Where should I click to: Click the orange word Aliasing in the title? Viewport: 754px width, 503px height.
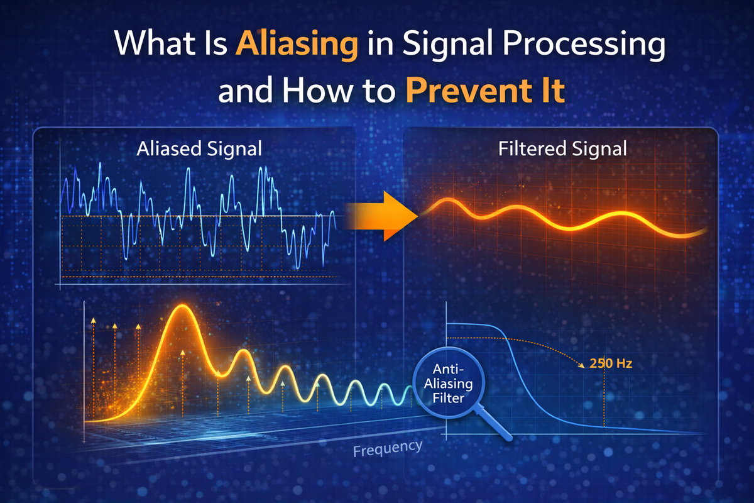tap(297, 45)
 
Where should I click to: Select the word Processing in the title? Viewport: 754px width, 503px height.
tap(584, 45)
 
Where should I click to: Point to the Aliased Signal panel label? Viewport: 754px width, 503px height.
tap(199, 148)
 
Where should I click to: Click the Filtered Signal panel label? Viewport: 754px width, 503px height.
tap(562, 148)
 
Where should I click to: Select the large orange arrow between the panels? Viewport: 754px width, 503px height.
tap(381, 216)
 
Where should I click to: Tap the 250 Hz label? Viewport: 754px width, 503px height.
tap(611, 363)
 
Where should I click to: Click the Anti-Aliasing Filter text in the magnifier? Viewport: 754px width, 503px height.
tap(449, 384)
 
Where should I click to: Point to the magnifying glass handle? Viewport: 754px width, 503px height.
tap(493, 423)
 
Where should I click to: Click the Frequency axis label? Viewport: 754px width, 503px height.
tap(388, 449)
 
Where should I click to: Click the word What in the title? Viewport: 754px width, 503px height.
tap(155, 43)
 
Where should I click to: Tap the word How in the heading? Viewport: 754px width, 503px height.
tap(317, 91)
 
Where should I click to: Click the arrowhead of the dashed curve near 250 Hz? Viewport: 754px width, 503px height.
tap(581, 365)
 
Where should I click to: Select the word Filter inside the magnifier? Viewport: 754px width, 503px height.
tap(449, 398)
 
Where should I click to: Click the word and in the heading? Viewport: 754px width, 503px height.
tap(245, 91)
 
